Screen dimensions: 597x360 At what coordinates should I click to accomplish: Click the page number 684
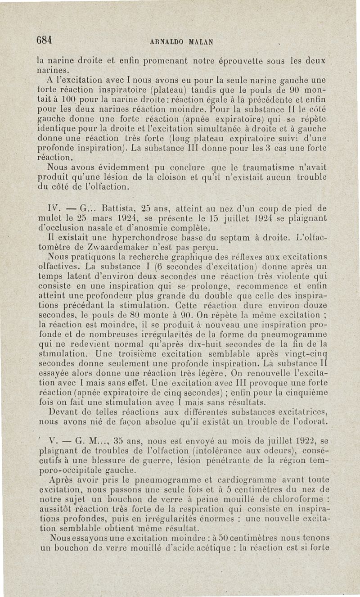click(45, 39)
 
